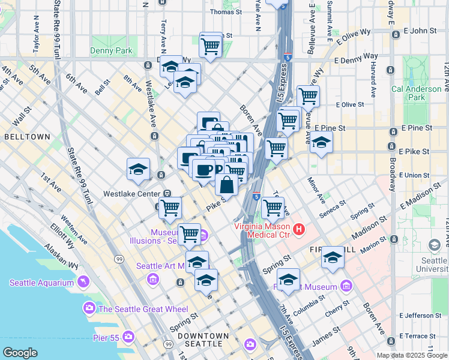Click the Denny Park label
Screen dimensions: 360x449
tap(112, 51)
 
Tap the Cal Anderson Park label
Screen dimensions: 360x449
tap(416, 93)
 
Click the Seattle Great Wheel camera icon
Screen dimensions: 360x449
tap(89, 308)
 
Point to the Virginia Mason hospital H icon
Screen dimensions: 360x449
tap(298, 229)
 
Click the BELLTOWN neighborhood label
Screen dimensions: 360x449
tap(27, 137)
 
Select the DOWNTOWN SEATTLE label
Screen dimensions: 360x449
tap(206, 340)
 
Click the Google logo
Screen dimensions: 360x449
tap(20, 352)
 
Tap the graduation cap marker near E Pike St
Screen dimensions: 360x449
tap(321, 143)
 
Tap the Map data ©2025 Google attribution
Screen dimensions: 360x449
tap(411, 355)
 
